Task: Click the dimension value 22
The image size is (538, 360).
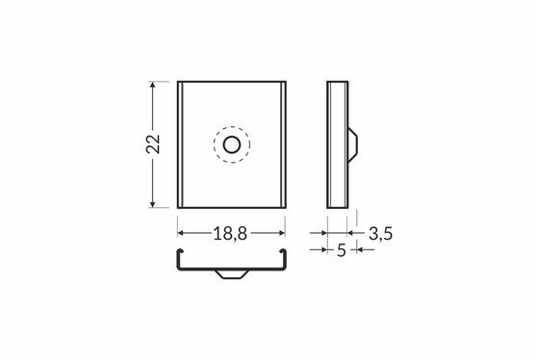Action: point(153,144)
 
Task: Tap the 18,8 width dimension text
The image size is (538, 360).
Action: point(230,234)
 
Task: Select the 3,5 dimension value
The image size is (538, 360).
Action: point(380,234)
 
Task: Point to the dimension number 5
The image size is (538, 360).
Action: point(342,250)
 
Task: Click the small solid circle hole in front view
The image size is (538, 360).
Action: point(232,144)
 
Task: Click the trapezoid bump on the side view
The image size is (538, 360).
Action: point(353,144)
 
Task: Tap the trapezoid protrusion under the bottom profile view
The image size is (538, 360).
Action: point(232,274)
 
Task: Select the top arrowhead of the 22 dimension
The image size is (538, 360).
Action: point(153,85)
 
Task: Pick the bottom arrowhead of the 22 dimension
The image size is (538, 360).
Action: point(153,204)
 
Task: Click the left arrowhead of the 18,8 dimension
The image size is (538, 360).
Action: point(181,233)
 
